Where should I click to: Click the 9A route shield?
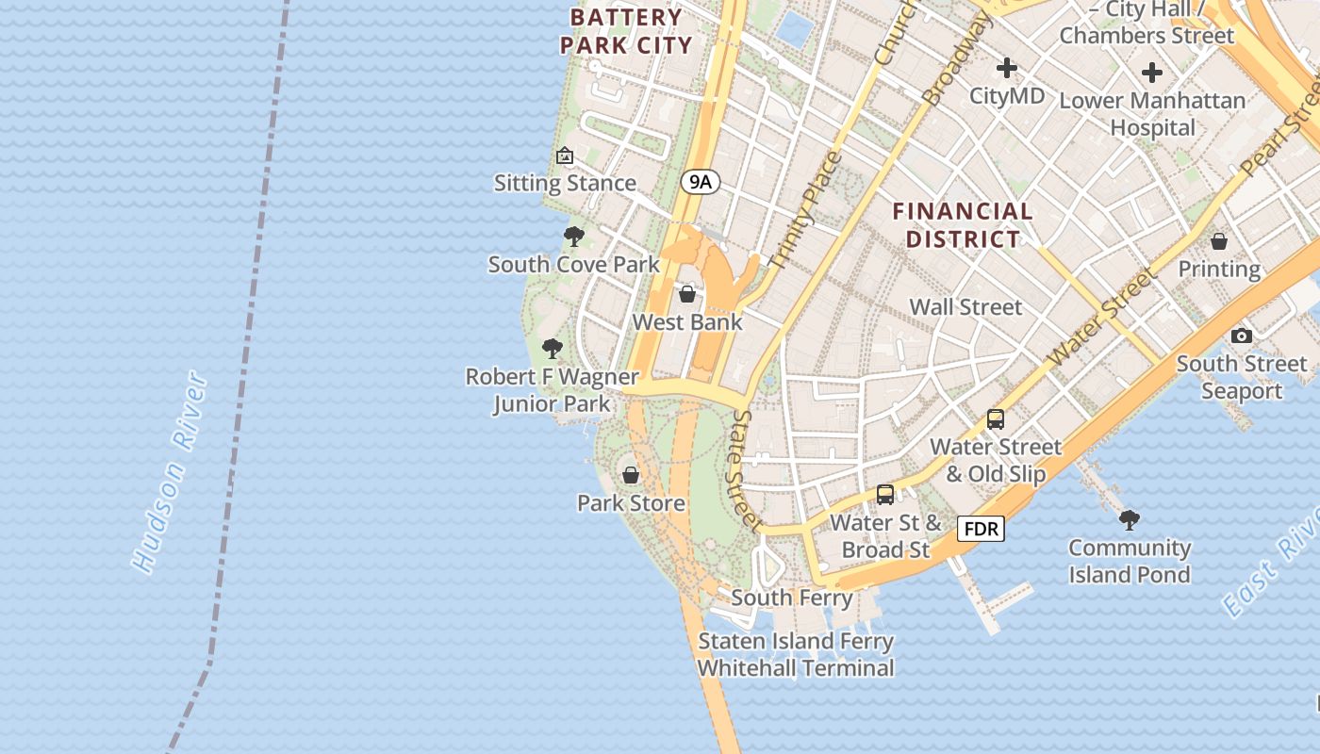700,182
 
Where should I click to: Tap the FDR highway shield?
981,529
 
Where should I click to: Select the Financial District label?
963,225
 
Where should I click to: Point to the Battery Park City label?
626,31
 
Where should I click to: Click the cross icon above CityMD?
1007,68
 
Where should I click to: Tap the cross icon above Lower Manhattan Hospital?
1151,73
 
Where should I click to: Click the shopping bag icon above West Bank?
687,294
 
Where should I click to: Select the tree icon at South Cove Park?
573,236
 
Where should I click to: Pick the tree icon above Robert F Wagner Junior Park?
553,349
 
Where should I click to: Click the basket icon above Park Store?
631,474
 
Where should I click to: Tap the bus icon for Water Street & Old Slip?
996,419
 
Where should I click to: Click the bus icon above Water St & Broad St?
885,494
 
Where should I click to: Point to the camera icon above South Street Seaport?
1241,336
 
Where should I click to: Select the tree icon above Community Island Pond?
1129,519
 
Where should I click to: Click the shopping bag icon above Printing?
1219,241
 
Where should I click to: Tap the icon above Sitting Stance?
565,156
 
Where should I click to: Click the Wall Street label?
965,306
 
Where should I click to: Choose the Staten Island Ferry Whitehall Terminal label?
796,654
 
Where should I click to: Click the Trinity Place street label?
804,209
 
